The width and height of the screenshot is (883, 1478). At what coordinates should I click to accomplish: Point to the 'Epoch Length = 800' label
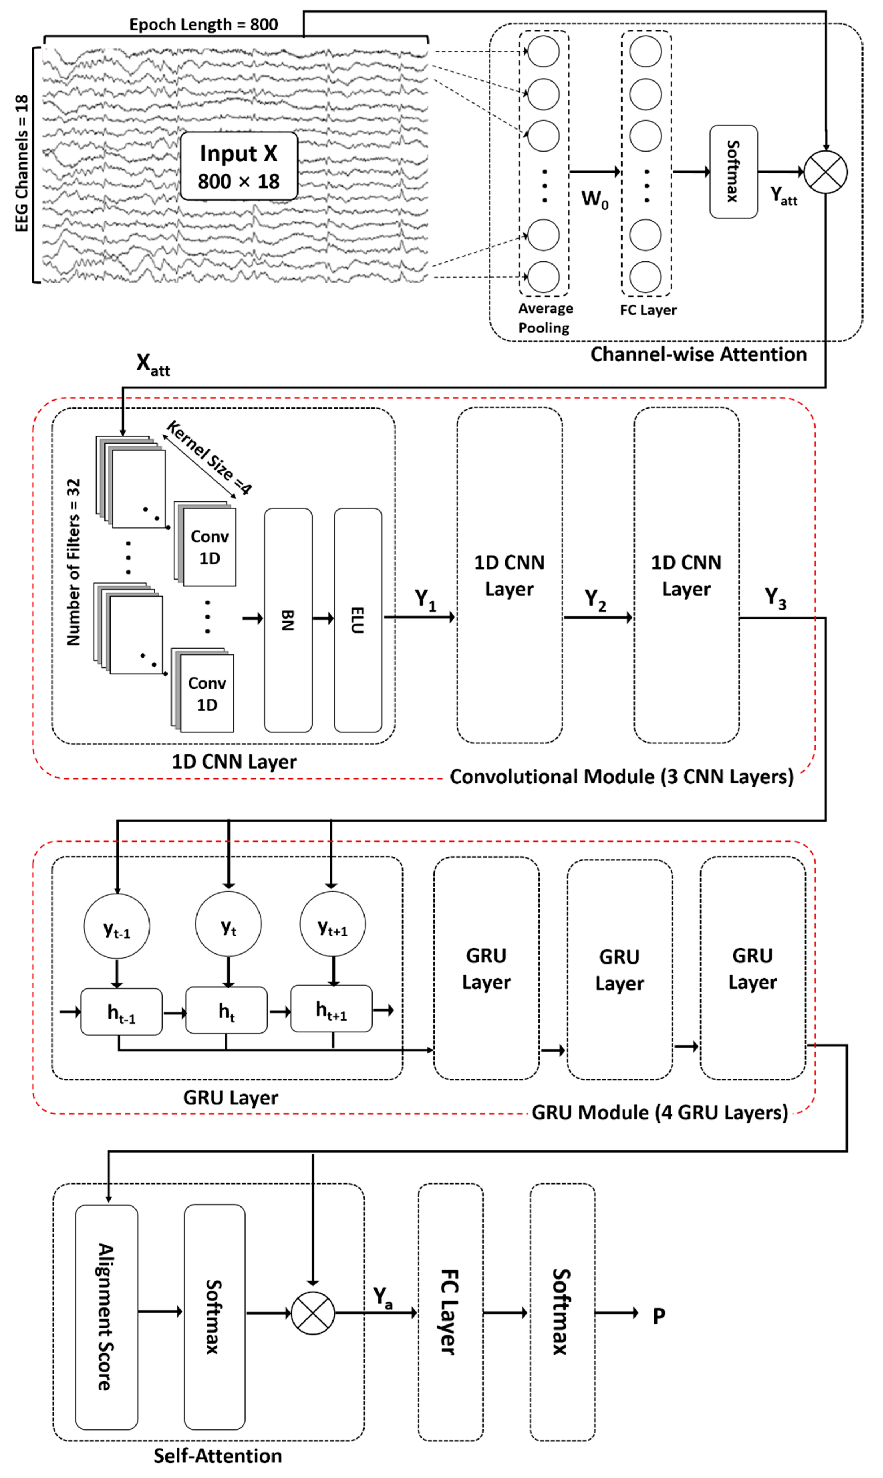(x=203, y=24)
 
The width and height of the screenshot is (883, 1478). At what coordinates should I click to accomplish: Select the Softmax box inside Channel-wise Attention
(x=733, y=171)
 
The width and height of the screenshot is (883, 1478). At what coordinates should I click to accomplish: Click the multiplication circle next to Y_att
(x=825, y=172)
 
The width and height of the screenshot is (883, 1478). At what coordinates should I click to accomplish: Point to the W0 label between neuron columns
(x=594, y=199)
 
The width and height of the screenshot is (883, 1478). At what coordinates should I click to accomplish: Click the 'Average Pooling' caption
(x=544, y=318)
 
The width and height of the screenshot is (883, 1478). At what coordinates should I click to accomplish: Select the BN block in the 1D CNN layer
(x=288, y=620)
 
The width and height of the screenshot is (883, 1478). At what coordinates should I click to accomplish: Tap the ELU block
(x=358, y=620)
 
